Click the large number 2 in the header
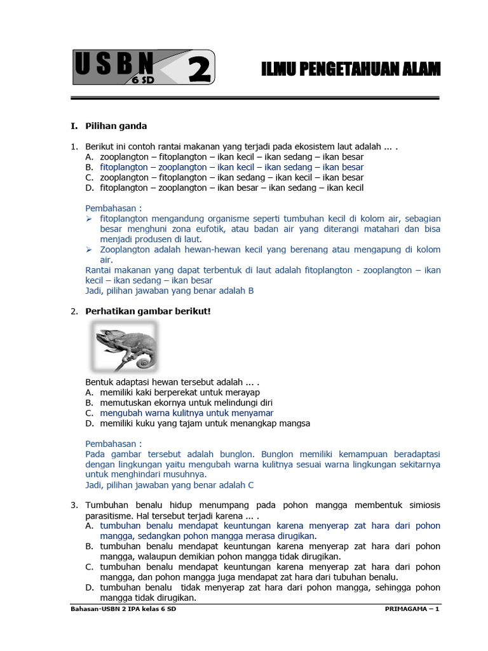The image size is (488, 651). tap(199, 69)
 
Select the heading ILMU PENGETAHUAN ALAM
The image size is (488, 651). tap(351, 70)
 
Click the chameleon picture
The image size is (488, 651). tap(125, 346)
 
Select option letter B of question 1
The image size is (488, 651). tap(89, 167)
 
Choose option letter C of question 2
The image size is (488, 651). tap(89, 413)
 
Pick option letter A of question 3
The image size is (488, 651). tap(89, 526)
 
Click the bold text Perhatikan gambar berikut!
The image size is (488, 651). tap(148, 311)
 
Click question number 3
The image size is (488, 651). tap(74, 505)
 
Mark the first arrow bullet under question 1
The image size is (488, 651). tap(90, 218)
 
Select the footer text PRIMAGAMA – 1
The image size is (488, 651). tap(412, 610)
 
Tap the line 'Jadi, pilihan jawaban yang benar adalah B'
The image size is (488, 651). tap(170, 291)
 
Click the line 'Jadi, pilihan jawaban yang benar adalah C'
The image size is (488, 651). tap(170, 485)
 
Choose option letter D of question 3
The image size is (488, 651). tap(89, 587)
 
